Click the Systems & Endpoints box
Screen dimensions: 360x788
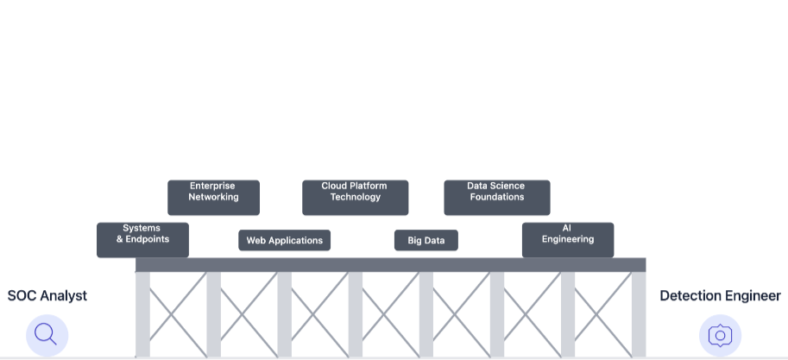pos(142,239)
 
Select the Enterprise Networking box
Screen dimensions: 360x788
pos(213,197)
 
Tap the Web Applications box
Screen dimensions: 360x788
pos(284,240)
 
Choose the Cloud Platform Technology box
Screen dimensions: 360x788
pos(355,197)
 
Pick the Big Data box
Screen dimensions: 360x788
pos(426,240)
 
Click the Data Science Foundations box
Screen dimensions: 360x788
pos(496,197)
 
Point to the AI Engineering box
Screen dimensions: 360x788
pos(567,239)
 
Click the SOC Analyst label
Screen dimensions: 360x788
pos(47,295)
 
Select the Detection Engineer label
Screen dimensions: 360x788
pos(720,295)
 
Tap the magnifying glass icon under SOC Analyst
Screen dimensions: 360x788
pos(47,335)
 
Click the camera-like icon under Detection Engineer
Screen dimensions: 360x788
pos(720,335)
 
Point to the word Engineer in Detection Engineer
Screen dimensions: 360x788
pos(753,295)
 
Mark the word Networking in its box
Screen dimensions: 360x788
pos(213,197)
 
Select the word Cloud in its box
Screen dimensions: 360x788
pos(334,186)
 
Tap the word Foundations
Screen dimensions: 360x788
pos(496,197)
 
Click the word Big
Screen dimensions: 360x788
pos(415,240)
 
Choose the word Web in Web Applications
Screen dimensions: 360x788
pos(256,240)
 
